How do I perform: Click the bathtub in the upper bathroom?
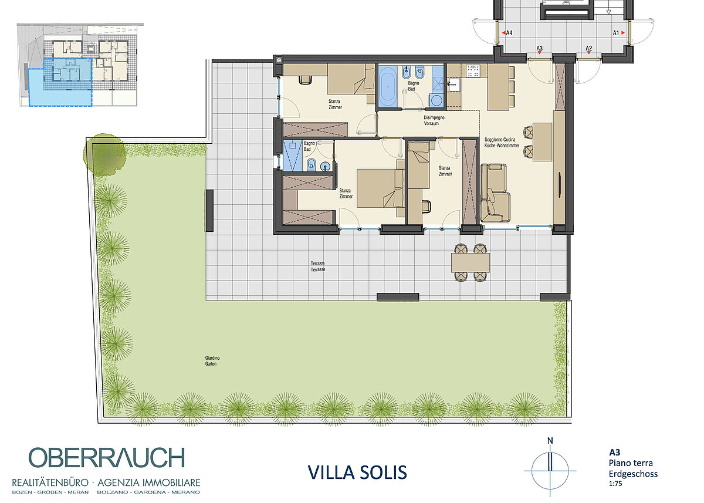click(388, 86)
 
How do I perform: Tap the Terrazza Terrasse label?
click(318, 266)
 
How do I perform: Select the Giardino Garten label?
click(212, 361)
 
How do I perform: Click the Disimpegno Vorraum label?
click(434, 121)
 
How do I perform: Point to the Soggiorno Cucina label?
click(500, 140)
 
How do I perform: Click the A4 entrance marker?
click(507, 33)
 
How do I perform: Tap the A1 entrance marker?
click(618, 33)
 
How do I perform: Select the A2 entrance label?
click(588, 48)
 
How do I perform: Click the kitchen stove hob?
click(473, 71)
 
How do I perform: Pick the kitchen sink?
click(453, 85)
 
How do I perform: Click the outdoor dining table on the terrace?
click(470, 262)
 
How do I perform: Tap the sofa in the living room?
click(495, 193)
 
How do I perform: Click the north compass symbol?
click(550, 469)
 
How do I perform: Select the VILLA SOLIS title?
click(357, 472)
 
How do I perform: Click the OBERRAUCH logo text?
click(107, 457)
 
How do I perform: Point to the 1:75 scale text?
click(615, 484)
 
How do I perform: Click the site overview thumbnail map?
click(80, 65)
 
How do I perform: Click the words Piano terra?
click(631, 463)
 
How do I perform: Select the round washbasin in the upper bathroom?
click(436, 100)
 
